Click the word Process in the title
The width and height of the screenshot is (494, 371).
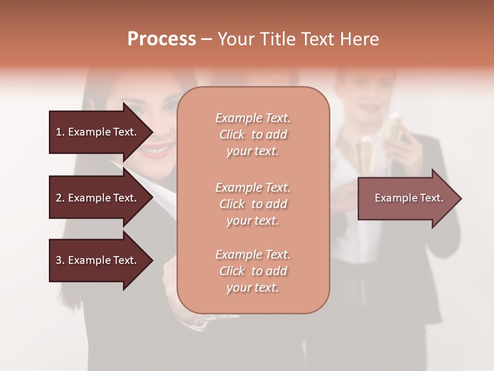(x=162, y=39)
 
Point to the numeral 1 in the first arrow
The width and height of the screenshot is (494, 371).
(x=59, y=132)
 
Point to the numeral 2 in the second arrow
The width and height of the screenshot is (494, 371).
(x=59, y=198)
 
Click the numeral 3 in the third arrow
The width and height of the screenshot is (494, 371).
(x=59, y=260)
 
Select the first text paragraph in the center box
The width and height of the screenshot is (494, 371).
(x=253, y=134)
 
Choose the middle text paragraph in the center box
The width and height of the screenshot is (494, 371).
(x=253, y=204)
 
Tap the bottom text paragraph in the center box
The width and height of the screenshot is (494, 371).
(x=253, y=271)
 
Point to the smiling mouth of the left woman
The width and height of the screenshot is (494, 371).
(x=155, y=150)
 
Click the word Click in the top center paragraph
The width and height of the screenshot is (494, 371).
(x=232, y=134)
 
